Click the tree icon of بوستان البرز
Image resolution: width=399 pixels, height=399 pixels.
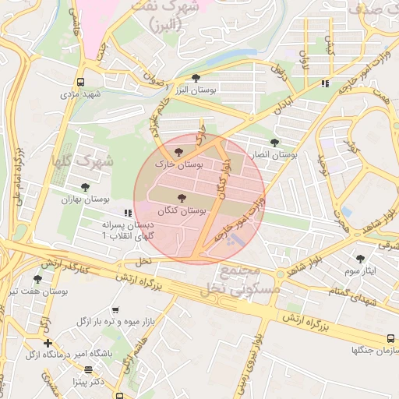[x=195, y=77]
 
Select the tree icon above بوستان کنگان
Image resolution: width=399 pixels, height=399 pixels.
[x=182, y=199]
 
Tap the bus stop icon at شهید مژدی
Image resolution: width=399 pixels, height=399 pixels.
[x=80, y=82]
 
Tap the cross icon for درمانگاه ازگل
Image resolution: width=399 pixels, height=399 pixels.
[x=48, y=343]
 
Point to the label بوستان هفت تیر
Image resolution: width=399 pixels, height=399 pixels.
[x=39, y=291]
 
